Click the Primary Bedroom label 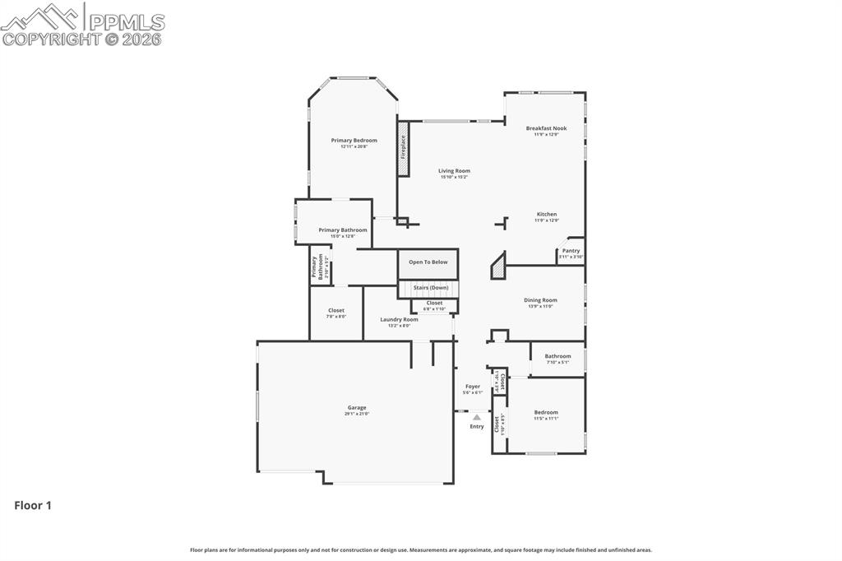(x=354, y=141)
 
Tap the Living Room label (x=454, y=171)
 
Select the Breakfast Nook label (x=546, y=128)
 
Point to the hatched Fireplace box (x=403, y=149)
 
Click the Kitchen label (x=546, y=215)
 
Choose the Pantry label (x=571, y=251)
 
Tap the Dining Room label (x=540, y=300)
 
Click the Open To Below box (x=428, y=262)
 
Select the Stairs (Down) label (x=430, y=288)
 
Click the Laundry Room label (x=399, y=319)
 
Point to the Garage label (x=356, y=407)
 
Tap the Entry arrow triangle (x=476, y=417)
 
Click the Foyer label (x=473, y=386)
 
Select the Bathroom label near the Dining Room (x=557, y=356)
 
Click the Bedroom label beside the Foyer (x=546, y=412)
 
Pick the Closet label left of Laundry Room (x=335, y=311)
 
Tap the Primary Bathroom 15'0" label (x=342, y=230)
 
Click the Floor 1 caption (x=33, y=506)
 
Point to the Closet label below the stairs (x=434, y=303)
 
